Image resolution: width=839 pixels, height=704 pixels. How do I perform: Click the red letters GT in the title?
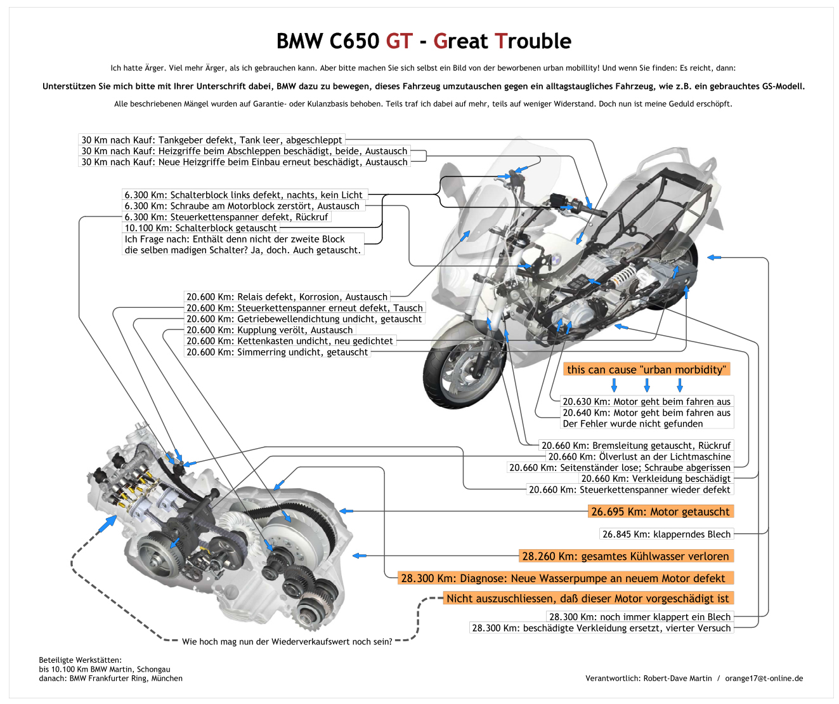pyautogui.click(x=399, y=41)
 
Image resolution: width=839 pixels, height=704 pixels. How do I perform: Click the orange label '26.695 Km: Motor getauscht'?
pyautogui.click(x=660, y=512)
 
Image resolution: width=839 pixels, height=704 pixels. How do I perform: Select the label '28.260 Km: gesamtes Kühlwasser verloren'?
pyautogui.click(x=625, y=556)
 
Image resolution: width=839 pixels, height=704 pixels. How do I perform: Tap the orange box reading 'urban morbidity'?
pyautogui.click(x=646, y=369)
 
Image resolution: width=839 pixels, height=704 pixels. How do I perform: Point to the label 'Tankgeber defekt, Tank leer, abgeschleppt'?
pyautogui.click(x=212, y=140)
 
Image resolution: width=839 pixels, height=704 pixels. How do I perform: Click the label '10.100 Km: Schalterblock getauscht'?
pyautogui.click(x=200, y=228)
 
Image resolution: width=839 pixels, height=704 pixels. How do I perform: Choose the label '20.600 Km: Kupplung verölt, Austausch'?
pyautogui.click(x=269, y=330)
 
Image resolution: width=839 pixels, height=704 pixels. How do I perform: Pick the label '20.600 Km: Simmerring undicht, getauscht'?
pyautogui.click(x=276, y=352)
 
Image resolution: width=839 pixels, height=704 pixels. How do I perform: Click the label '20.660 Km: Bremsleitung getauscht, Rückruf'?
pyautogui.click(x=635, y=446)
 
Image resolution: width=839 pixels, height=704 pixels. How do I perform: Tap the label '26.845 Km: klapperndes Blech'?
pyautogui.click(x=666, y=535)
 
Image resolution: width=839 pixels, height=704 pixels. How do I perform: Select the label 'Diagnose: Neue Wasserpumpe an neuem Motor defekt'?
pyautogui.click(x=563, y=578)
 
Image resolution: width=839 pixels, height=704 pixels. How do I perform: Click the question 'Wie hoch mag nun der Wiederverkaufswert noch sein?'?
pyautogui.click(x=287, y=642)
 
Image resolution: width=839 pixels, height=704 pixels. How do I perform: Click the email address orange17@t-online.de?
pyautogui.click(x=764, y=679)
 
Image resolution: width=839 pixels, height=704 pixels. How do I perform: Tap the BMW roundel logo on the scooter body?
pyautogui.click(x=554, y=258)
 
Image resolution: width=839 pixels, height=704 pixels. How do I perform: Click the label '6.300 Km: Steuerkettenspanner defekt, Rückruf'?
pyautogui.click(x=226, y=217)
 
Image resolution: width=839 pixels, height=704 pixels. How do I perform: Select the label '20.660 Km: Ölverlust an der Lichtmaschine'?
pyautogui.click(x=639, y=456)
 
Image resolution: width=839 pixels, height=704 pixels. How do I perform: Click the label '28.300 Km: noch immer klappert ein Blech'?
pyautogui.click(x=639, y=617)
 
